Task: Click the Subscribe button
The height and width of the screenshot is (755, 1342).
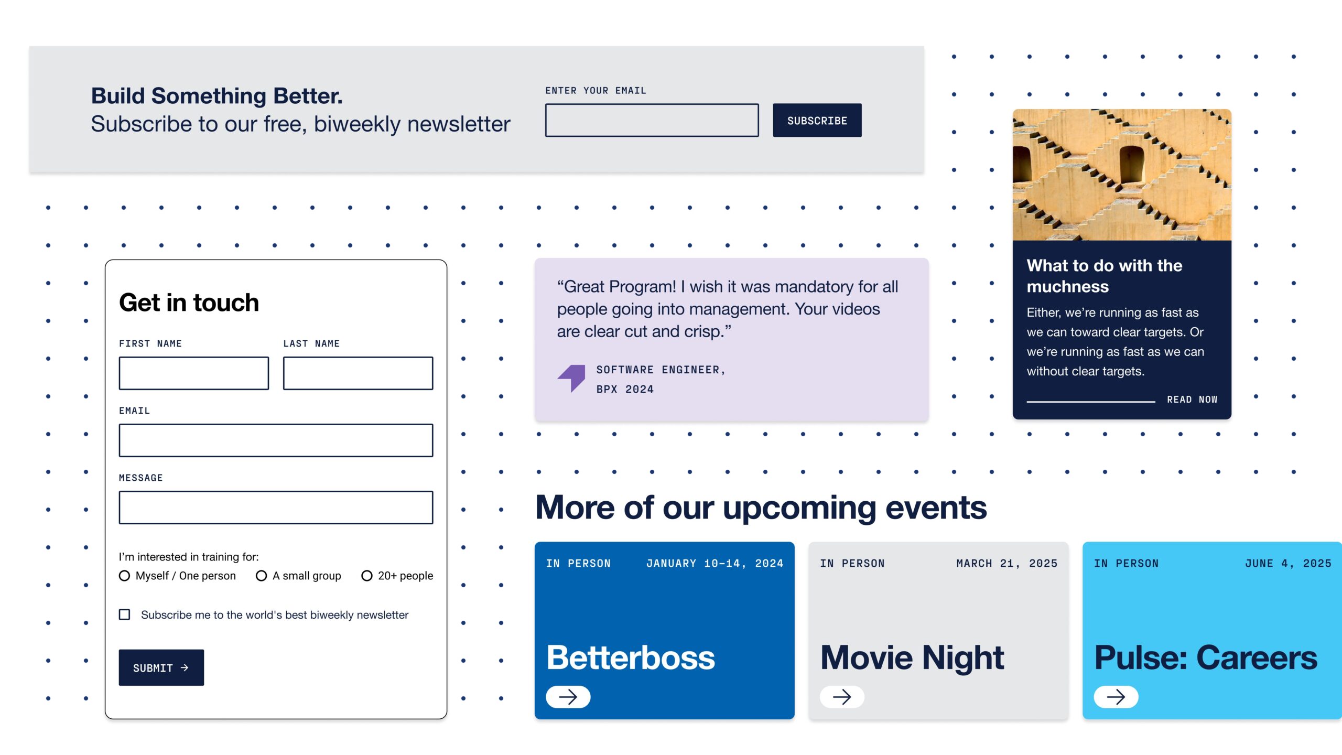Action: (x=817, y=120)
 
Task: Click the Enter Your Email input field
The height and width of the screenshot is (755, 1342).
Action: (x=652, y=120)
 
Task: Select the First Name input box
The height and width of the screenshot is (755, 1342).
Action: (x=194, y=373)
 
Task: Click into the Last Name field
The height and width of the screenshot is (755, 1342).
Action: (x=358, y=373)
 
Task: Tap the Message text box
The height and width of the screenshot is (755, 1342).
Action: (x=276, y=508)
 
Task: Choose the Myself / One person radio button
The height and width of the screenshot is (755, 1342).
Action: (x=124, y=576)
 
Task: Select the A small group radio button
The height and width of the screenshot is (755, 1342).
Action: (x=261, y=576)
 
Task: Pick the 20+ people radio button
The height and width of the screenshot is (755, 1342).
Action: (x=367, y=576)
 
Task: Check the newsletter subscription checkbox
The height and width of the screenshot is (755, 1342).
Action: (x=124, y=614)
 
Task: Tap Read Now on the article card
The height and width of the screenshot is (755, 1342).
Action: (x=1192, y=400)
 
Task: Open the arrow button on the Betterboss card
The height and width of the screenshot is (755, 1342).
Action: (x=568, y=697)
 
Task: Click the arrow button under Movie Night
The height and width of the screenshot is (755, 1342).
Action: (x=842, y=697)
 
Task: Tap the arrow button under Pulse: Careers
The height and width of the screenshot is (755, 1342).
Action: (x=1116, y=697)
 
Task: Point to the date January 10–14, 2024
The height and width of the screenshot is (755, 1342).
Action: (x=715, y=564)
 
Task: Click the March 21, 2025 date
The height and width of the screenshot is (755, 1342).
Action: (x=1006, y=564)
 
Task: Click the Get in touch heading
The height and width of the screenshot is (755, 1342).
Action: (x=189, y=303)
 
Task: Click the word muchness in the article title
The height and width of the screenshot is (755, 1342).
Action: (x=1067, y=287)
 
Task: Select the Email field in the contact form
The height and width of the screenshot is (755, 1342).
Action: (x=276, y=440)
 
